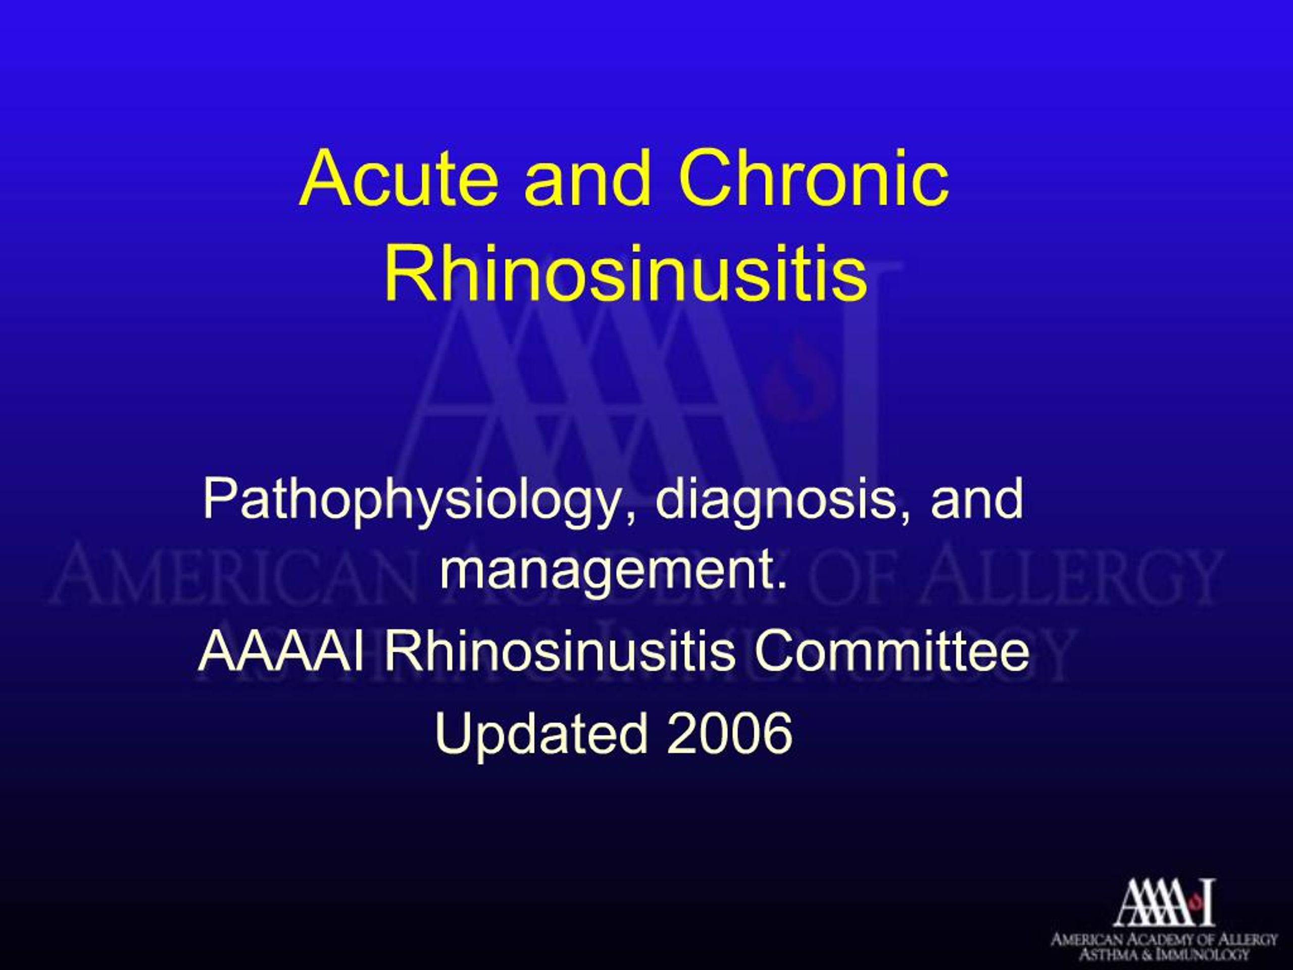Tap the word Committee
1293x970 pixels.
pos(891,651)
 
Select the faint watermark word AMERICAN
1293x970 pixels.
pos(234,576)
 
